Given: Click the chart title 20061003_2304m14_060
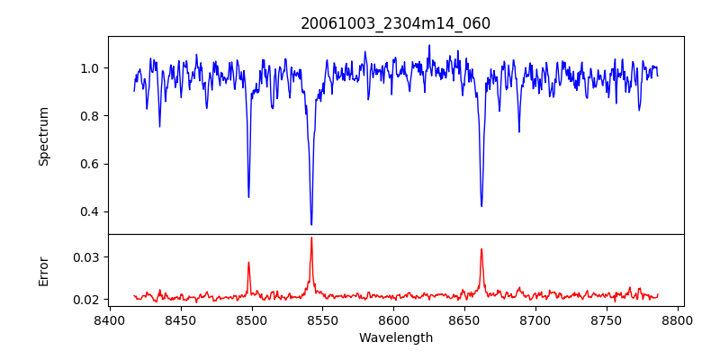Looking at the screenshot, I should [x=395, y=23].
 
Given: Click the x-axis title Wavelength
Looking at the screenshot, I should [x=395, y=337].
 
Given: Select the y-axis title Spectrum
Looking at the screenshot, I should [x=43, y=136].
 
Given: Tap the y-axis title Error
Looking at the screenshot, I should [x=43, y=270].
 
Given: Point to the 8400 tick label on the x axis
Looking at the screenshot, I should [x=109, y=319].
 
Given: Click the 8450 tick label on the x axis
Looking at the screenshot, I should [x=180, y=319].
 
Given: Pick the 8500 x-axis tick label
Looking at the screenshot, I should [x=251, y=319].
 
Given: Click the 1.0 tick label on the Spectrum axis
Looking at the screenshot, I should [x=90, y=68].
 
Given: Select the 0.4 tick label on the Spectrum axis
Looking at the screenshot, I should [x=90, y=212].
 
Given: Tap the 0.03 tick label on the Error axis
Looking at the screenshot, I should [x=86, y=257].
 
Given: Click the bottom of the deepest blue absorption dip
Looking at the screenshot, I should [x=311, y=224].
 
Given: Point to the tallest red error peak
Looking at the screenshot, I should [x=311, y=238].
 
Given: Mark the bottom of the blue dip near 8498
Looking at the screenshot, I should [x=248, y=197].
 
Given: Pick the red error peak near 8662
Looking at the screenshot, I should [x=481, y=249].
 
